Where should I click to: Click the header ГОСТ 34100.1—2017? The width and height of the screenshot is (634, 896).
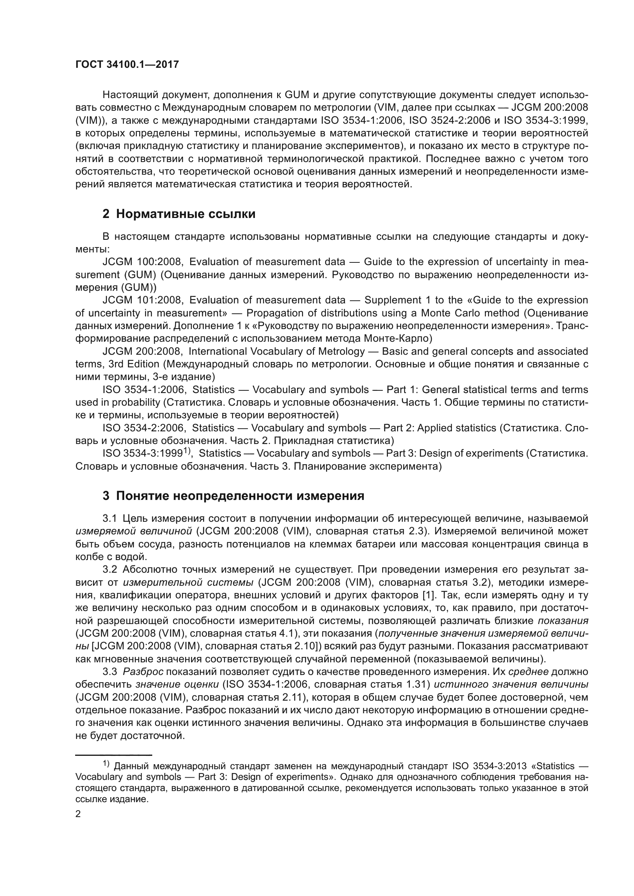[127, 65]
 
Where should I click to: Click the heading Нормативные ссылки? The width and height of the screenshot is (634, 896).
[186, 214]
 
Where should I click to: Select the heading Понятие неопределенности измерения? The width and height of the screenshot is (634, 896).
[240, 496]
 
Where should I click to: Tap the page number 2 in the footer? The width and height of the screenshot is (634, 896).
[78, 814]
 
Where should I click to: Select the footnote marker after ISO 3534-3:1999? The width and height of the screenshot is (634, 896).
[187, 451]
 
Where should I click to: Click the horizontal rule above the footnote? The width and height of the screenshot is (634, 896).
[113, 755]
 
